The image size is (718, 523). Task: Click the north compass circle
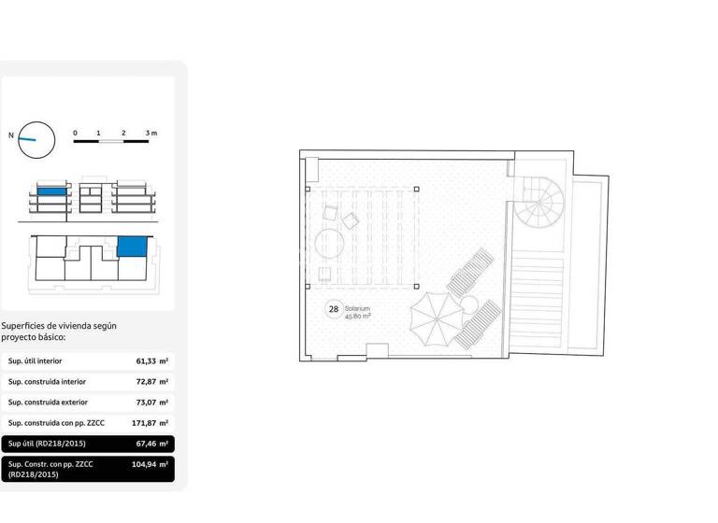36,139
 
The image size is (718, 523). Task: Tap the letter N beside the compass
11,135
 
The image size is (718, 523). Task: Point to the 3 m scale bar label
151,134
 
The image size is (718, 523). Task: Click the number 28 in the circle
333,309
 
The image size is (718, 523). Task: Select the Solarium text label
358,308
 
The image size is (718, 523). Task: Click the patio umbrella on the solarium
436,318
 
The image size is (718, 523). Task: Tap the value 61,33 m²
151,360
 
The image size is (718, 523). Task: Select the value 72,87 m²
151,382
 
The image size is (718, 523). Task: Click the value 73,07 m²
151,403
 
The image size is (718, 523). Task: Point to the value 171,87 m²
150,424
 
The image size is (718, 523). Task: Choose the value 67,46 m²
151,445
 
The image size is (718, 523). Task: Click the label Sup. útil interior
36,360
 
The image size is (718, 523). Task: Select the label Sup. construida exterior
48,403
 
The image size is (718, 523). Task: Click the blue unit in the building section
52,191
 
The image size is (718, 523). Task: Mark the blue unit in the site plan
132,247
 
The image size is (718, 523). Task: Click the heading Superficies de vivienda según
59,326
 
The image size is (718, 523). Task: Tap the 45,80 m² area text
358,317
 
